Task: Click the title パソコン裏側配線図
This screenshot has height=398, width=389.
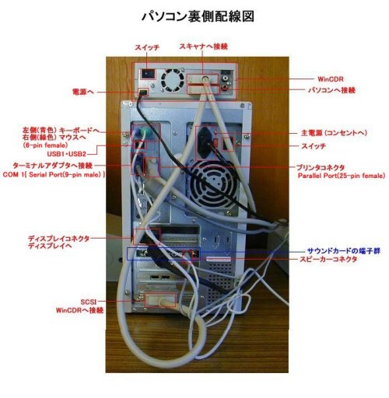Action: pos(198,16)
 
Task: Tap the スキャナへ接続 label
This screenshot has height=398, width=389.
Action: pos(204,47)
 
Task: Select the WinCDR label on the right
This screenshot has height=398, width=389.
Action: pos(331,79)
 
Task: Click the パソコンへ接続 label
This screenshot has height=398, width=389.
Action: pos(331,90)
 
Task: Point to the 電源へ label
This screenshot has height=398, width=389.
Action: pos(83,92)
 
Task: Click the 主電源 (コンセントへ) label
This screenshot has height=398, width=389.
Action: pos(334,133)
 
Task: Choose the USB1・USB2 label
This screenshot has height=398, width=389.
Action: pos(66,154)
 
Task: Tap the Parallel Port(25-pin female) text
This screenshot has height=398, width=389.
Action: pos(342,176)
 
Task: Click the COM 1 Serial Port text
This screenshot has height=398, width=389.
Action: pos(54,175)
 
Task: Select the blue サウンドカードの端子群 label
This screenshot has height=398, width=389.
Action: pos(344,251)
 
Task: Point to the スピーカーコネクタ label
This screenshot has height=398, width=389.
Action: pos(328,259)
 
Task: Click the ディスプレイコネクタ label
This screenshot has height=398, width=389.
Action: pos(58,239)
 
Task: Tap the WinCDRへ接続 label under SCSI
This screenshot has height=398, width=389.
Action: pos(79,310)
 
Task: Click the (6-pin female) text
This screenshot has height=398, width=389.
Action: pos(45,145)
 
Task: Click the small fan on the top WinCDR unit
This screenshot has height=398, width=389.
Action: pos(172,80)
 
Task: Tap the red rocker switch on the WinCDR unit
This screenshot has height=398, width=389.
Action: pos(147,75)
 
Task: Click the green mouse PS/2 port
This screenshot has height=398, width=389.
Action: pos(145,132)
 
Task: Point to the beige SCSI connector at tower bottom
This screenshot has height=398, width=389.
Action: pos(160,301)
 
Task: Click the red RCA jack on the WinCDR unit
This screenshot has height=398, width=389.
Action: pos(224,87)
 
